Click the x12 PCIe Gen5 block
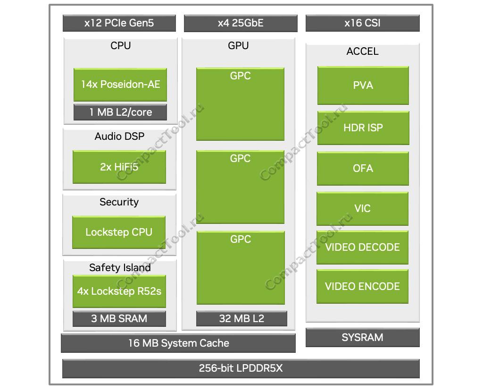pyautogui.click(x=119, y=23)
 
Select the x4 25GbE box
pyautogui.click(x=241, y=23)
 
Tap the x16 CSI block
pyautogui.click(x=362, y=23)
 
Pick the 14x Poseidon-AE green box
pyautogui.click(x=120, y=85)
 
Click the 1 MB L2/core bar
pyautogui.click(x=120, y=112)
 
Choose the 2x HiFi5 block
pyautogui.click(x=119, y=167)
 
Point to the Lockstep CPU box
pyautogui.click(x=119, y=232)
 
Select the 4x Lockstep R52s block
pyautogui.click(x=119, y=291)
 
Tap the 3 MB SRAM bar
pyautogui.click(x=119, y=318)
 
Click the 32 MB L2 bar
pyautogui.click(x=241, y=318)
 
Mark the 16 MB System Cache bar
pyautogui.click(x=178, y=343)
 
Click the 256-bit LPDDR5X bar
pyautogui.click(x=241, y=368)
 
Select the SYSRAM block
pyautogui.click(x=362, y=337)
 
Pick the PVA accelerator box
pyautogui.click(x=363, y=85)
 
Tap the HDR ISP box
pyautogui.click(x=363, y=128)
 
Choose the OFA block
pyautogui.click(x=363, y=168)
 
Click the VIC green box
pyautogui.click(x=362, y=208)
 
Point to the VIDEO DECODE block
pyautogui.click(x=362, y=247)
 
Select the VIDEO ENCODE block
pyautogui.click(x=362, y=286)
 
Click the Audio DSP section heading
pyautogui.click(x=119, y=136)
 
